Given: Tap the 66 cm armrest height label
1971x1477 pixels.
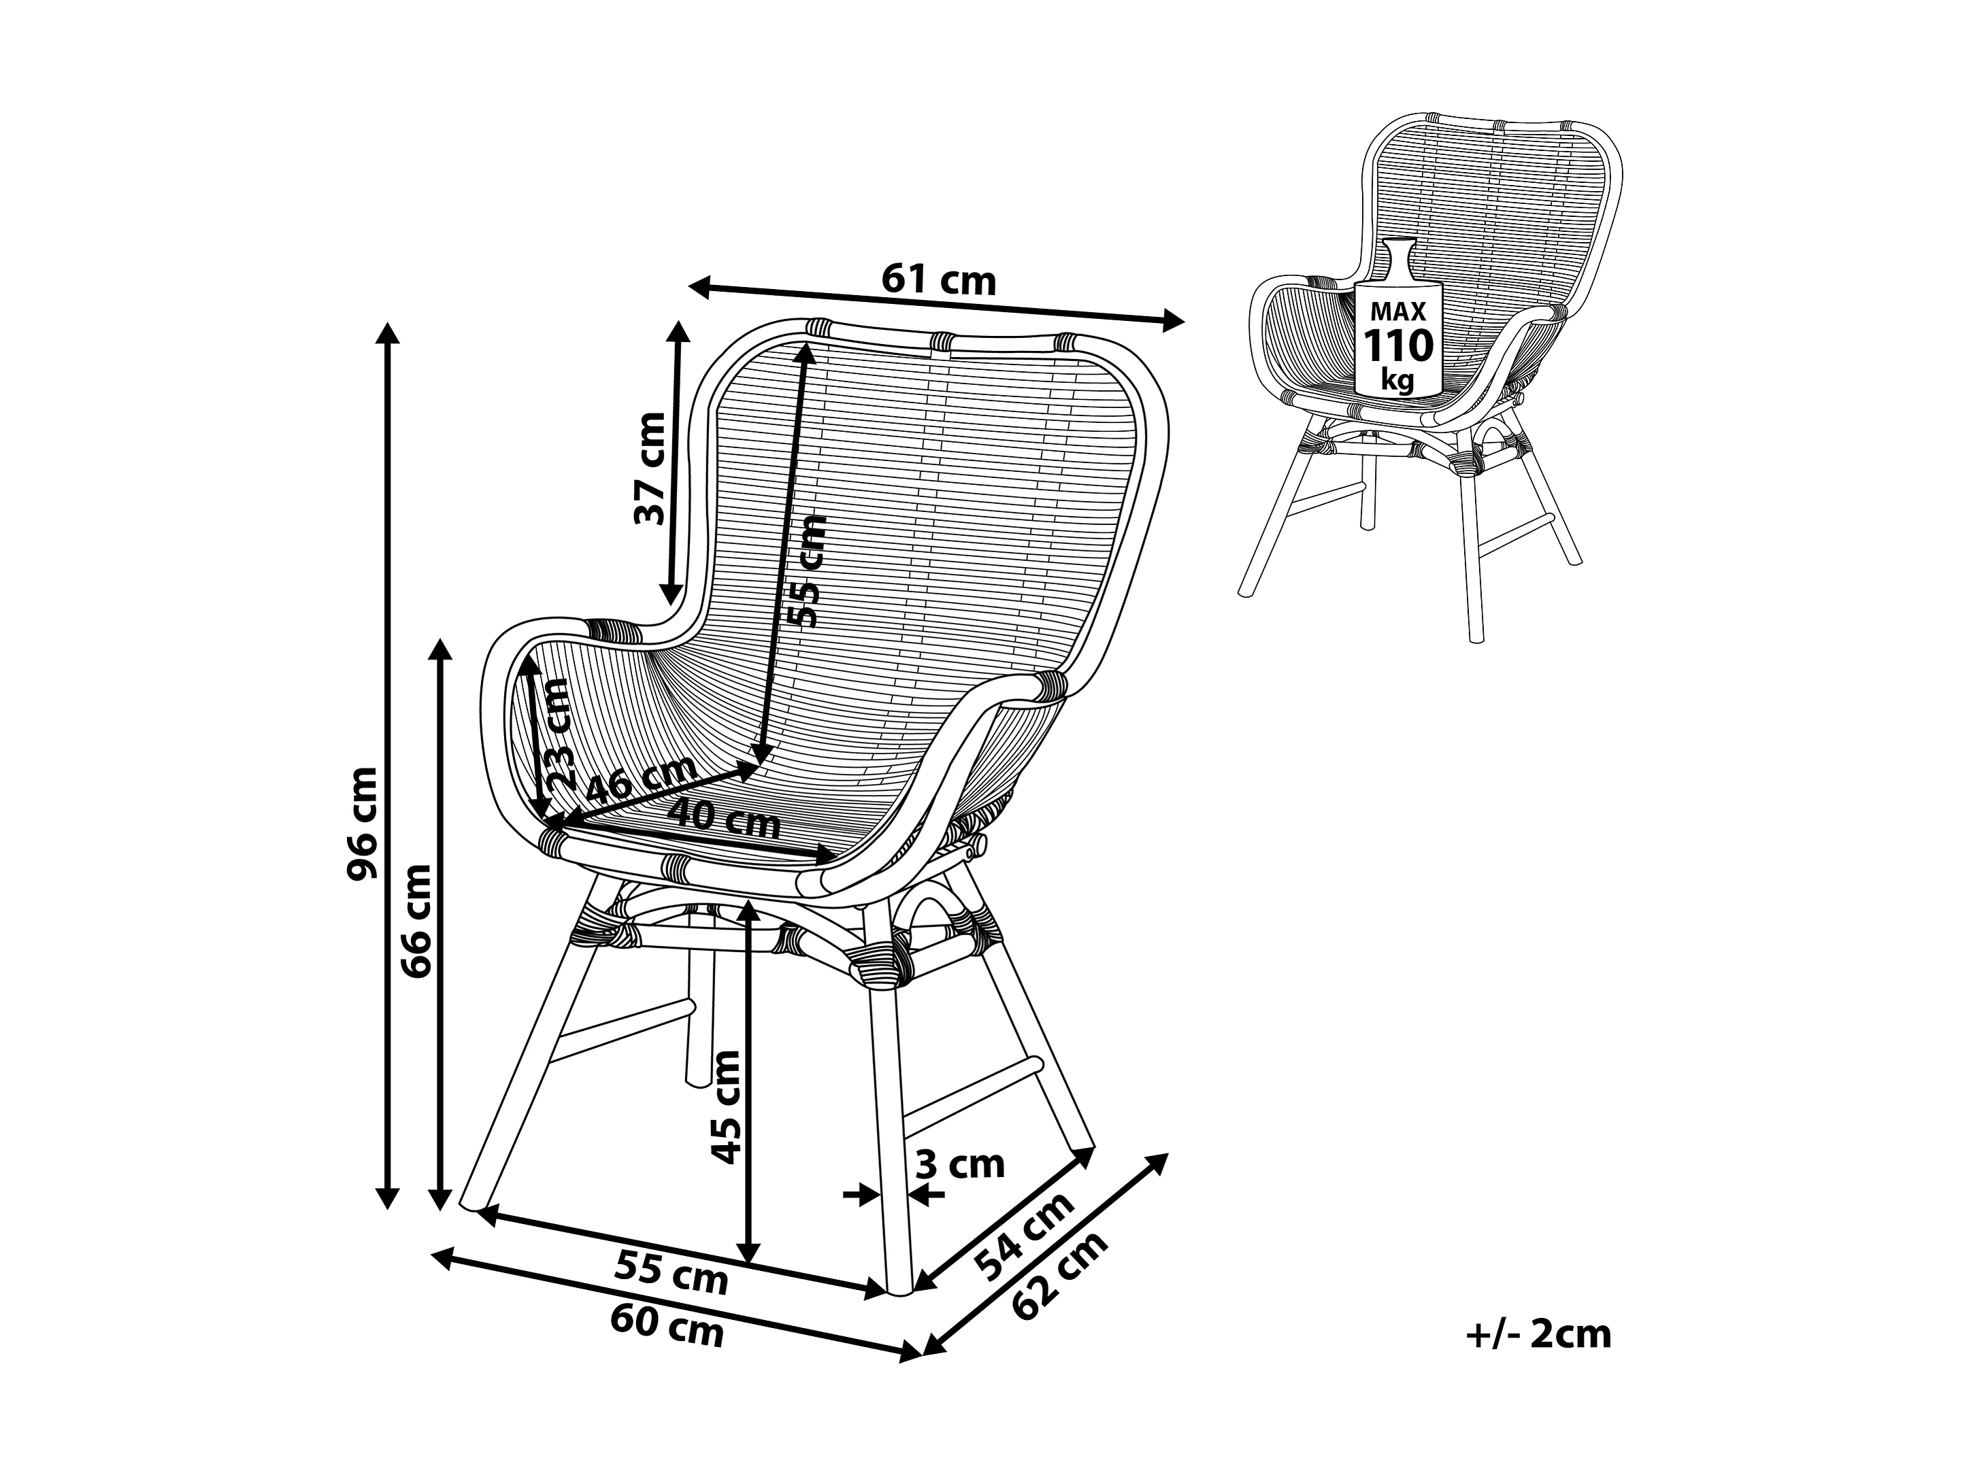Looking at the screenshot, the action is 416,920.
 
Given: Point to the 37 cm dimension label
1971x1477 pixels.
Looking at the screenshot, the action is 650,469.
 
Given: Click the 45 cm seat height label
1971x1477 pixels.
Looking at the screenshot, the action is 726,1107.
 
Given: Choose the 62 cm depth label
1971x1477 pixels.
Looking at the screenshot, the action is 1061,1276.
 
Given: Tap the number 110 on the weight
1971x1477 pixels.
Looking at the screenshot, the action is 1398,345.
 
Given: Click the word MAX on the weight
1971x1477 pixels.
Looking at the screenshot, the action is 1398,312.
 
